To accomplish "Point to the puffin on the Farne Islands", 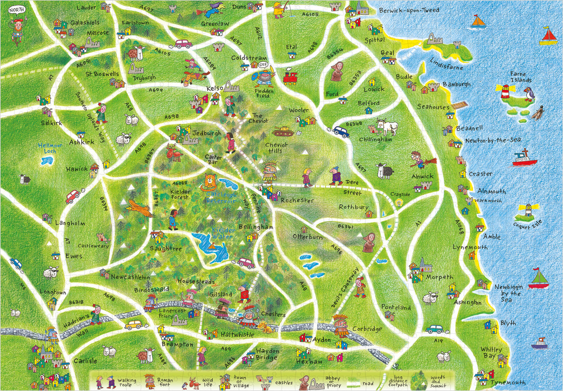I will [x=528, y=94].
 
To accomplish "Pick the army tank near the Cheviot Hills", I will [x=283, y=132].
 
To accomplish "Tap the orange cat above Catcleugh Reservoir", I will [x=209, y=183].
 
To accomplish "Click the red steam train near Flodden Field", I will [x=290, y=77].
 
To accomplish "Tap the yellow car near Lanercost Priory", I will [x=133, y=324].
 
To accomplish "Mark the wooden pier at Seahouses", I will [x=461, y=105].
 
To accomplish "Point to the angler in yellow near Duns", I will [x=280, y=9].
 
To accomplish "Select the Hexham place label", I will [x=309, y=362].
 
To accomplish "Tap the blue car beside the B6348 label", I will [x=341, y=131].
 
